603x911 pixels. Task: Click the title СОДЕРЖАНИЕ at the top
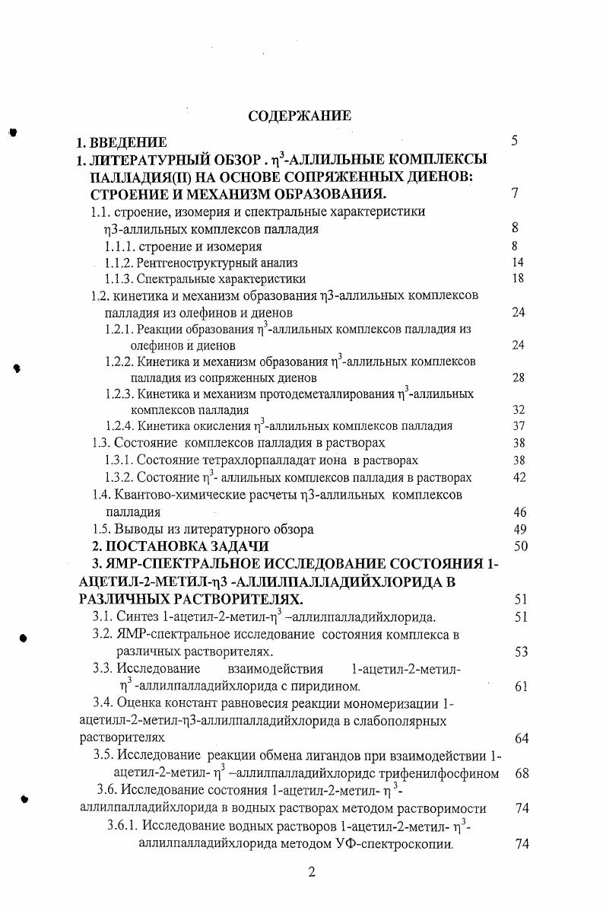(x=300, y=116)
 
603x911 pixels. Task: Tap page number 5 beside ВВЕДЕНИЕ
(x=515, y=142)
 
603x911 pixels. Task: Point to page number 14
(x=519, y=263)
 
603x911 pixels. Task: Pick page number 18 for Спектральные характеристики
(x=519, y=279)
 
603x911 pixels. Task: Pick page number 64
(x=521, y=738)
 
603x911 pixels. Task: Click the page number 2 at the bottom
(x=310, y=873)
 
